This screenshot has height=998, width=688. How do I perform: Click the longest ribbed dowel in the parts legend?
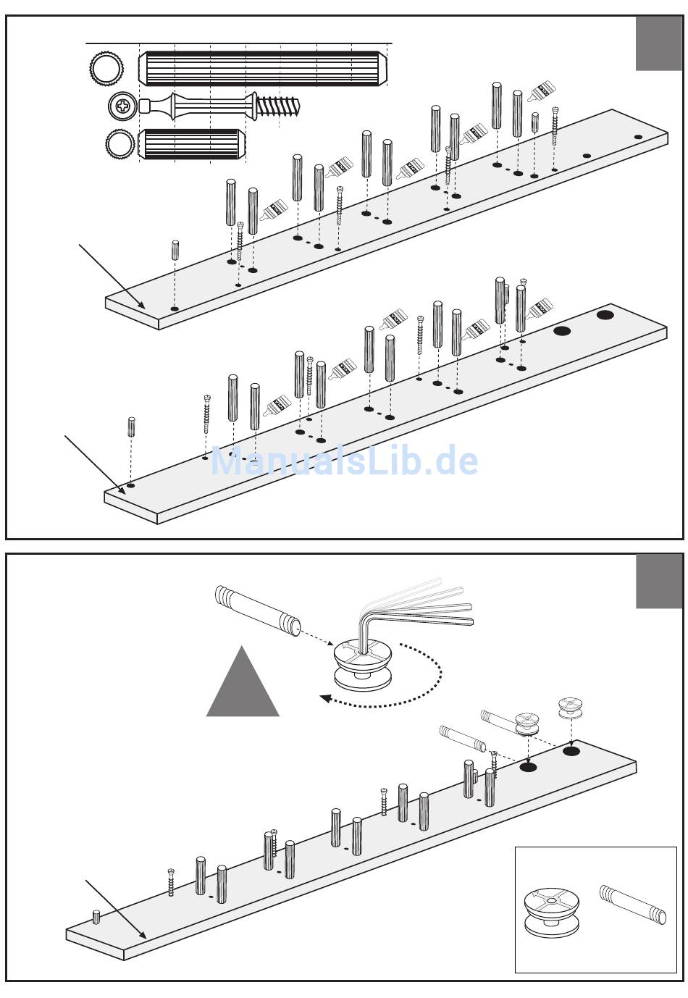(263, 68)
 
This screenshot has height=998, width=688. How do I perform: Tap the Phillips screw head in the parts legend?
(122, 107)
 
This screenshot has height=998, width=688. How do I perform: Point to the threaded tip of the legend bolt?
(278, 106)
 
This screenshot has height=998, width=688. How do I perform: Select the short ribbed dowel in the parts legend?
(191, 144)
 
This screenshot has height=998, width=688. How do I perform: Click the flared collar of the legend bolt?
(251, 106)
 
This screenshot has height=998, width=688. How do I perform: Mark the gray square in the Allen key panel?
(659, 582)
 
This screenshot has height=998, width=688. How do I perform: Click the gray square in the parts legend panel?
(659, 43)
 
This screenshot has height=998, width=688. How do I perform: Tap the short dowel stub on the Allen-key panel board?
(96, 916)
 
